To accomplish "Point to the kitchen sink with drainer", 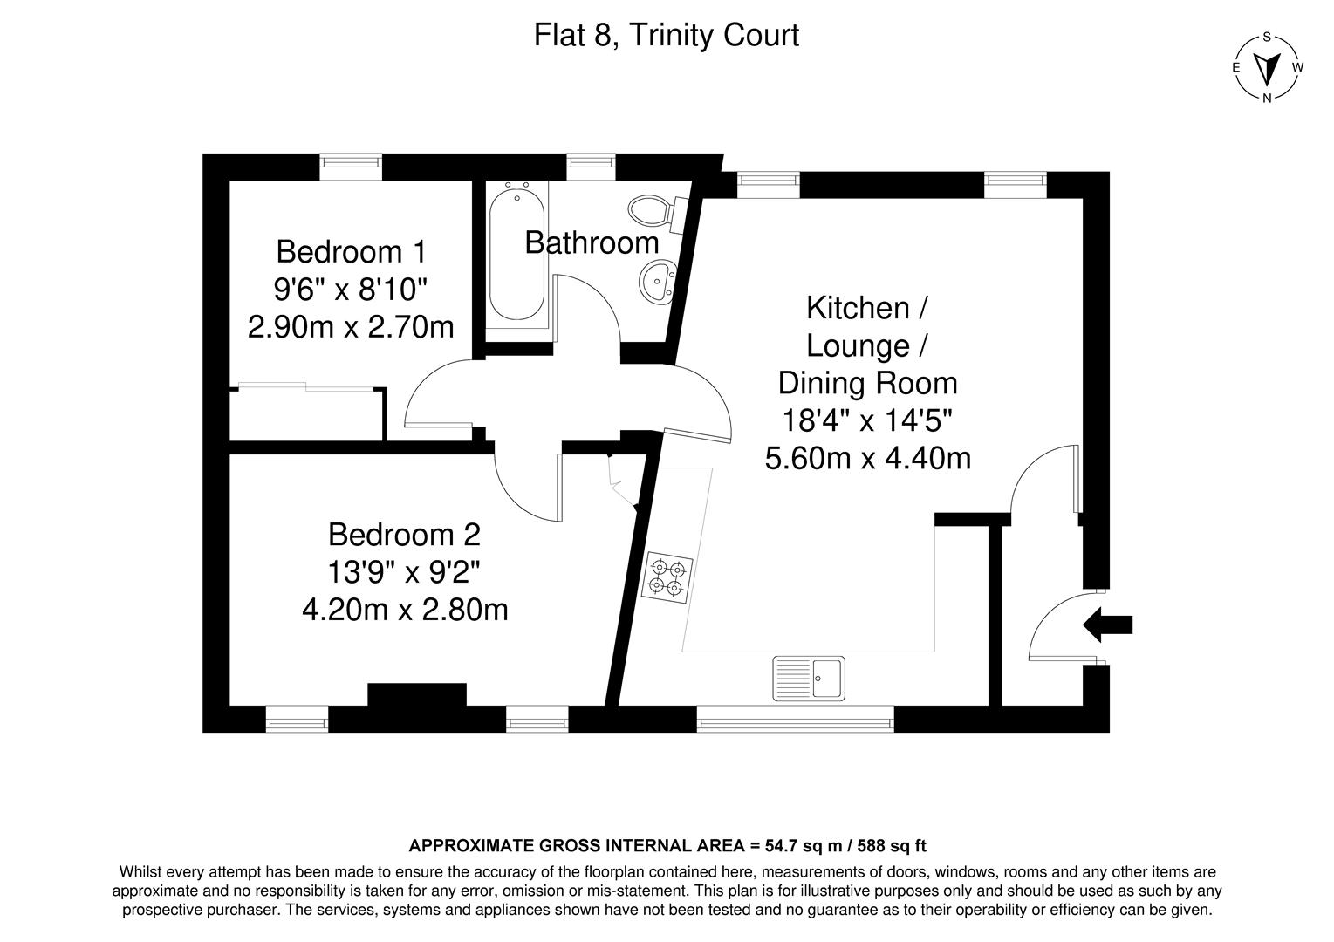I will coord(808,678).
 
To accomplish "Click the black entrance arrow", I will coord(1107,625).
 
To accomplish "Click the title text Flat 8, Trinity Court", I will coord(667,36).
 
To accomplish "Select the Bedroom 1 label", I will coord(351,251).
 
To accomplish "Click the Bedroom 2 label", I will coord(404,533).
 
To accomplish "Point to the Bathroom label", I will coord(592,242).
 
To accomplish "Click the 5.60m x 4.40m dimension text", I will coord(867,458).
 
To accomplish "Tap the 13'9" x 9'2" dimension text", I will coord(404,571).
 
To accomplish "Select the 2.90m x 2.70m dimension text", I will coord(351,327).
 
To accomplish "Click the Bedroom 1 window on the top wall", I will coord(350,162).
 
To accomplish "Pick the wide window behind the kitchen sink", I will coord(795,719).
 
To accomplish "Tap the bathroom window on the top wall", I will coord(591,162).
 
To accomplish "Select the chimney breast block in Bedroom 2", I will coord(416,694).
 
